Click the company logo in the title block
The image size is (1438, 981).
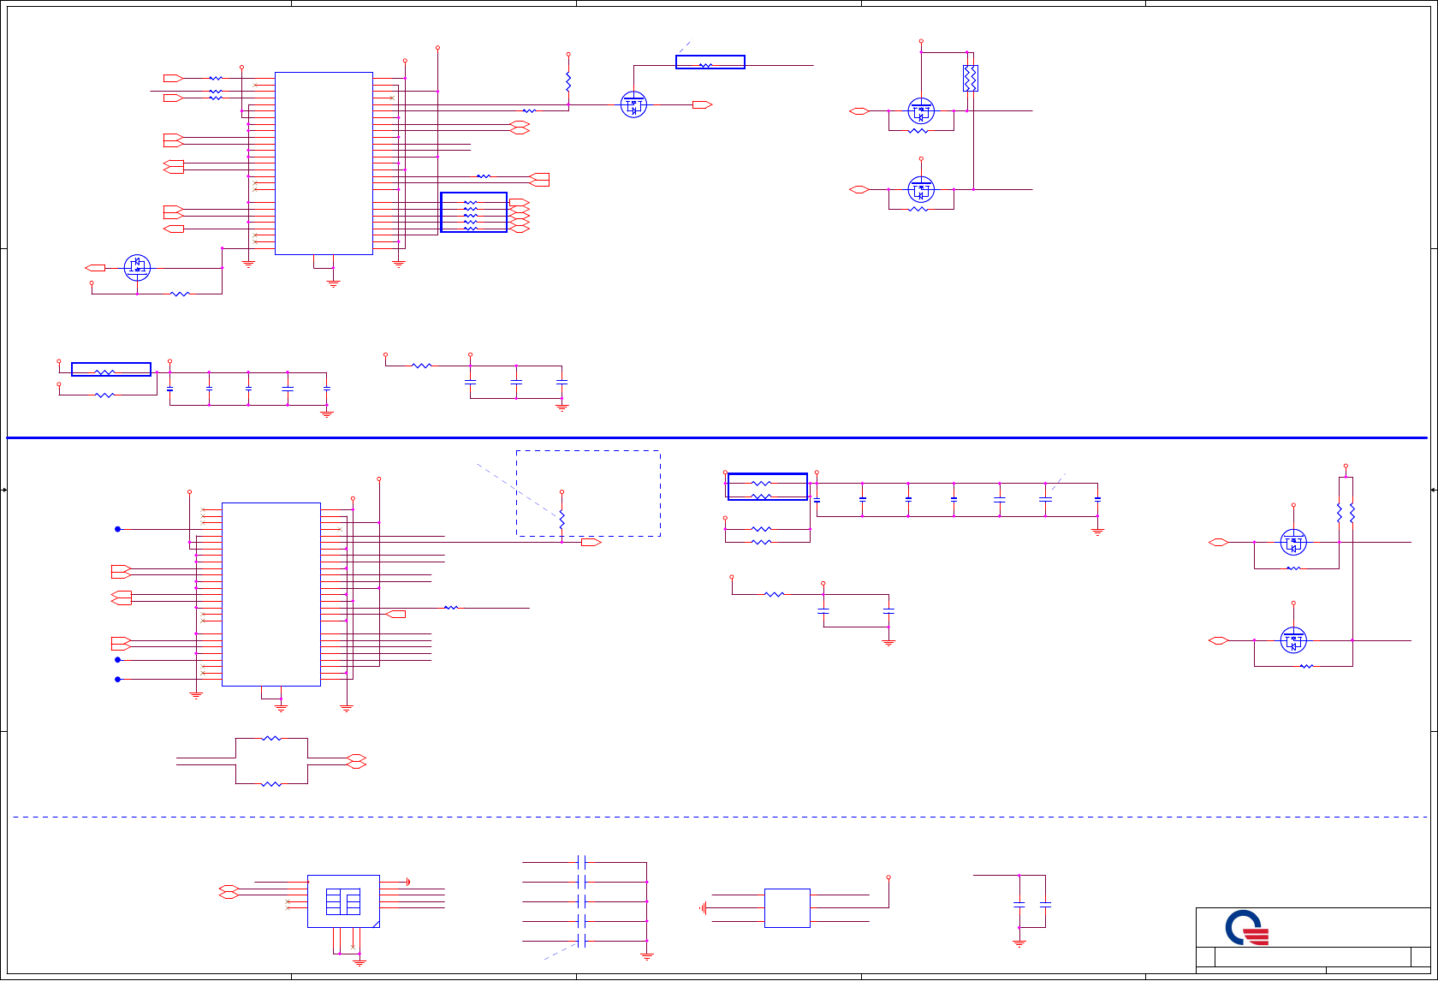(1246, 927)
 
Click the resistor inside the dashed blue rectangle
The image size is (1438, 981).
(562, 520)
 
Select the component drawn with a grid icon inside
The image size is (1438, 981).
(343, 901)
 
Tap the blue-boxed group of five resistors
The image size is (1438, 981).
(473, 212)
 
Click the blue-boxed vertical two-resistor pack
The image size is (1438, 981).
(970, 79)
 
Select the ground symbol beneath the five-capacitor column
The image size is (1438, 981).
(647, 955)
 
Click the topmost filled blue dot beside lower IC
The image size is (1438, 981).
(118, 529)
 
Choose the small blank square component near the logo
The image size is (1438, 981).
(787, 907)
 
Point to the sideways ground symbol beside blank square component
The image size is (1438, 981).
(704, 907)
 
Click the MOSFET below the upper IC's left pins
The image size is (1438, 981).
(137, 268)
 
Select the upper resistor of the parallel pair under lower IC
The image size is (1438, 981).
(271, 738)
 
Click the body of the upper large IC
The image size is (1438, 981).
(324, 163)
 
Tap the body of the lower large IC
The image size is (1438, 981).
(271, 594)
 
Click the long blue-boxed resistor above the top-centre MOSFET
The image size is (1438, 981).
(710, 62)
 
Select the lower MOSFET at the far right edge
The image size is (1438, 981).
(1293, 640)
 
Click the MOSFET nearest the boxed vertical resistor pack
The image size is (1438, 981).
(921, 111)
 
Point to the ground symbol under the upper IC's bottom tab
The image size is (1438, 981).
(333, 282)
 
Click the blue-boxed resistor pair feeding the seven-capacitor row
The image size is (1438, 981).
(767, 487)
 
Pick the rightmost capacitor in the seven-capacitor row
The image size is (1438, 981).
(1097, 499)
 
